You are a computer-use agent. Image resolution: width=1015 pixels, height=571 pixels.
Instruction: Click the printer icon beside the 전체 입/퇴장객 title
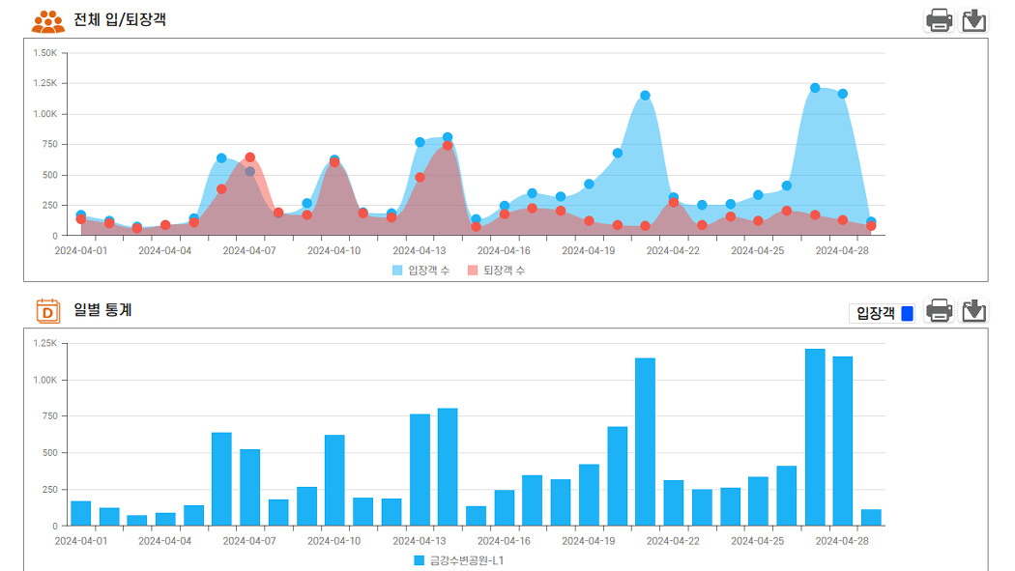click(939, 20)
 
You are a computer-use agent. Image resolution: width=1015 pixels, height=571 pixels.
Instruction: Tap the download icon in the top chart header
click(973, 20)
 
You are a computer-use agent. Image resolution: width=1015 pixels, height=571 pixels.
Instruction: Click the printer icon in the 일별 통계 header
click(939, 311)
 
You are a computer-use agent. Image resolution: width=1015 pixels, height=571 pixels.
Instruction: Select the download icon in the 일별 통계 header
click(973, 311)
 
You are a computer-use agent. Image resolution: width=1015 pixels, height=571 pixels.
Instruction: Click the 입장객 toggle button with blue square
click(883, 313)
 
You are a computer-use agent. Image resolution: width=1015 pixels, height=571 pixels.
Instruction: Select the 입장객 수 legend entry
click(420, 271)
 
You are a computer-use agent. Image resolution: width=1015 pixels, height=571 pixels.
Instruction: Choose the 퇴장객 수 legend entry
click(497, 271)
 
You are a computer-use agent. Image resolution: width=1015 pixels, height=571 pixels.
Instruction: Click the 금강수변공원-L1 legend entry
click(459, 560)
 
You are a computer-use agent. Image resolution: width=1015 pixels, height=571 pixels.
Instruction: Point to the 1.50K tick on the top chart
click(45, 53)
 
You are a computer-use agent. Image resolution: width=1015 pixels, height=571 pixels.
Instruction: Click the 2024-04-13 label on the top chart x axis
click(419, 250)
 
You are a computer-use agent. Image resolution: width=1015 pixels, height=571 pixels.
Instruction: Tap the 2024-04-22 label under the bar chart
click(673, 541)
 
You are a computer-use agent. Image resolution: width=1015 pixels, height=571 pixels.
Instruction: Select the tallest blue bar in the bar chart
click(815, 437)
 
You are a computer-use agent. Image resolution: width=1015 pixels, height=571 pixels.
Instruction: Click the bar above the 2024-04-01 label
click(81, 513)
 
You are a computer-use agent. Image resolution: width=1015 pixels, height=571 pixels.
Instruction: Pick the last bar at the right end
click(871, 517)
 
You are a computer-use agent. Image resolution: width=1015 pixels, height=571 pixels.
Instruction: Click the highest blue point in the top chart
click(815, 88)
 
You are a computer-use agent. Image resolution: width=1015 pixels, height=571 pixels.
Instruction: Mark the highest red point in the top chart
click(448, 146)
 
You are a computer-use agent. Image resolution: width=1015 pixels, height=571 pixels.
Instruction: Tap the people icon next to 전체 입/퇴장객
click(48, 21)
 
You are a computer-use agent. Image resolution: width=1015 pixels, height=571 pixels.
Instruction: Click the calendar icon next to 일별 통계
click(48, 311)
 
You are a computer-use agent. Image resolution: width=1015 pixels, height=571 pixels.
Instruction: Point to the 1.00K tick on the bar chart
click(45, 380)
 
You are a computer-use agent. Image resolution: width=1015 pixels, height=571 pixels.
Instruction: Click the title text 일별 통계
click(102, 310)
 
